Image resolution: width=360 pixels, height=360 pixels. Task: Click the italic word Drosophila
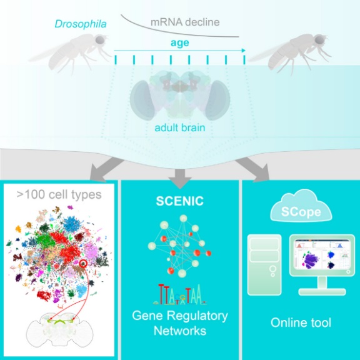pyautogui.click(x=81, y=24)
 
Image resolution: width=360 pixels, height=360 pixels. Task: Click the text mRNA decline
pyautogui.click(x=185, y=22)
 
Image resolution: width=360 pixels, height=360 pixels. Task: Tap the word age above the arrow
pyautogui.click(x=180, y=43)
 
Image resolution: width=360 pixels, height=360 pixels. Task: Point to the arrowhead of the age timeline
pyautogui.click(x=243, y=51)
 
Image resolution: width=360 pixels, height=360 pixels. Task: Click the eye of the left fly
pyautogui.click(x=99, y=40)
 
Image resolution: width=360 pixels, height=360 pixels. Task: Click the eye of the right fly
pyautogui.click(x=319, y=39)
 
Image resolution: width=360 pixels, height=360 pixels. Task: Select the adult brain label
pyautogui.click(x=180, y=127)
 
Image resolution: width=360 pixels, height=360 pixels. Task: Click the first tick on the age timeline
pyautogui.click(x=116, y=60)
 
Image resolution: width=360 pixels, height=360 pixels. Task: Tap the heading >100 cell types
pyautogui.click(x=59, y=195)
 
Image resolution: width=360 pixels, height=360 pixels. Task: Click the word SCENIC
pyautogui.click(x=180, y=201)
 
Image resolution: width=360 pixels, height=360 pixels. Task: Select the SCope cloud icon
pyautogui.click(x=301, y=206)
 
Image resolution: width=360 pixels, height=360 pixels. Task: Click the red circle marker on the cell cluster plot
pyautogui.click(x=82, y=263)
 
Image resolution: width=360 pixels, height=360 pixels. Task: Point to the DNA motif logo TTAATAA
pyautogui.click(x=180, y=295)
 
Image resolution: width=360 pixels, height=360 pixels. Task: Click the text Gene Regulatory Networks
pyautogui.click(x=180, y=323)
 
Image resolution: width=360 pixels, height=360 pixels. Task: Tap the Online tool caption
pyautogui.click(x=301, y=322)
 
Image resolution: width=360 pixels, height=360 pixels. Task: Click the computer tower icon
pyautogui.click(x=264, y=265)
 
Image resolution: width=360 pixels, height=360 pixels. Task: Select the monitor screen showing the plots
pyautogui.click(x=322, y=254)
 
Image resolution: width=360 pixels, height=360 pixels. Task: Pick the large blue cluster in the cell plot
pyautogui.click(x=73, y=224)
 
